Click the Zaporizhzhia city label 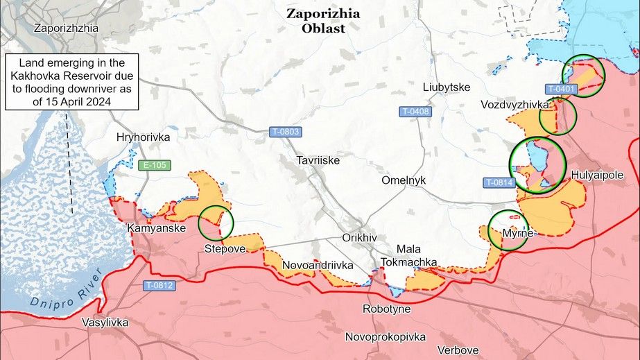(x=66, y=28)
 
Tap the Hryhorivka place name (x=144, y=137)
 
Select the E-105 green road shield (x=153, y=165)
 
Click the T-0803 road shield (x=285, y=131)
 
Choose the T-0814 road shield (x=498, y=182)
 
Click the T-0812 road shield (x=159, y=285)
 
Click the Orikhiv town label (x=359, y=237)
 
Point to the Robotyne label (x=386, y=309)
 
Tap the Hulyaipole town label (x=598, y=175)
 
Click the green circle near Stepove (x=216, y=222)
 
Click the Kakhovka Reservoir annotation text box (x=72, y=81)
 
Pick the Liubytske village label (x=447, y=87)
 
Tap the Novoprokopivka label (x=386, y=336)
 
